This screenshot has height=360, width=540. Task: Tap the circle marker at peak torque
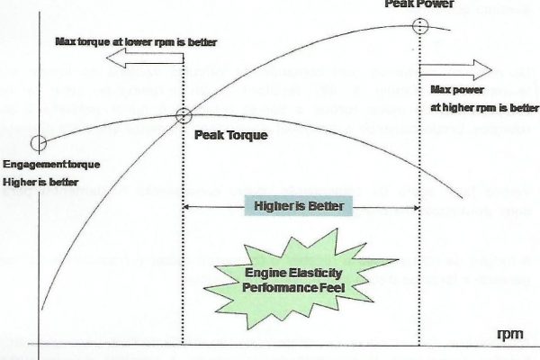point(184,114)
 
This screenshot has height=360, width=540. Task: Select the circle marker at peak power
point(419,24)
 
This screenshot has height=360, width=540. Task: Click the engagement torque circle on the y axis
point(38,142)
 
